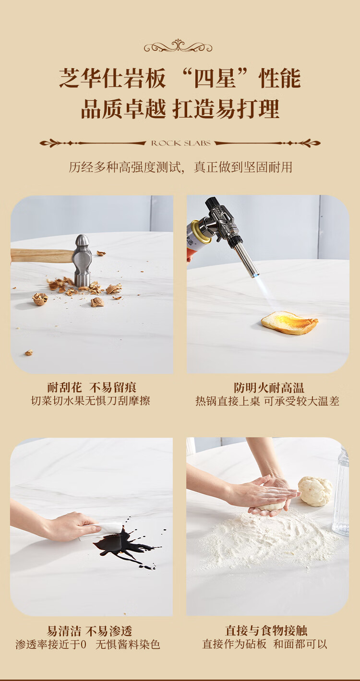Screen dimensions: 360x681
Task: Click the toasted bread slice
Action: (289, 323)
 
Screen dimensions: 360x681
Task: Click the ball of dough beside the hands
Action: (315, 491)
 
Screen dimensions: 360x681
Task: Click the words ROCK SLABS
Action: (181, 143)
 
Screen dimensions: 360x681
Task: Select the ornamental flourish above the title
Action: (178, 46)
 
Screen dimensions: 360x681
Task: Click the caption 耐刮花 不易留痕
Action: (92, 387)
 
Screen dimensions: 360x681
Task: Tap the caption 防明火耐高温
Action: (269, 388)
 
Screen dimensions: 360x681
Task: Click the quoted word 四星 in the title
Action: (215, 78)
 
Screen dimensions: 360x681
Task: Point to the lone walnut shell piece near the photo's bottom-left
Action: (29, 352)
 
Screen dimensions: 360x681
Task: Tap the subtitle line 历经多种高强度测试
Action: (125, 167)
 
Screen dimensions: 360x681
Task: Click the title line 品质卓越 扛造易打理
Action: (180, 108)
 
